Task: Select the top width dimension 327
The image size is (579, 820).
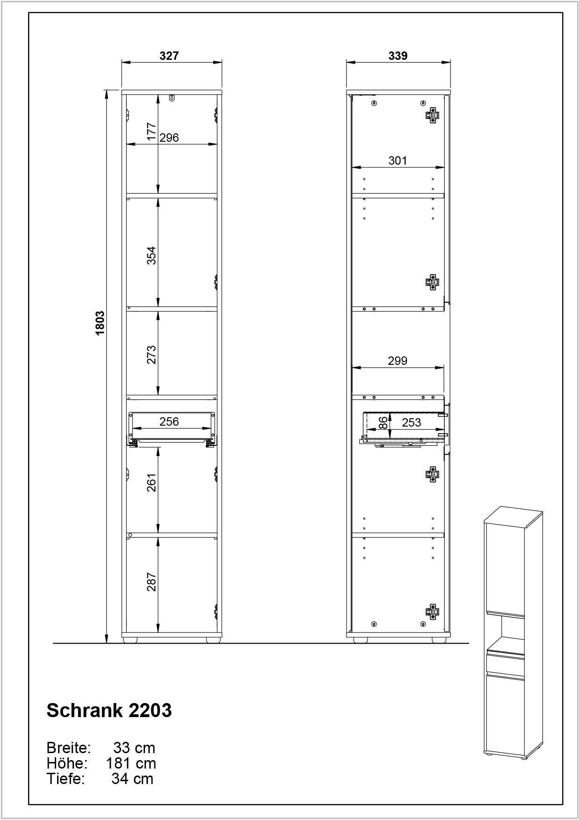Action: click(x=169, y=56)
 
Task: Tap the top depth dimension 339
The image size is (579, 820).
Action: click(x=398, y=56)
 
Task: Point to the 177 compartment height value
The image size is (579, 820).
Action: click(x=151, y=132)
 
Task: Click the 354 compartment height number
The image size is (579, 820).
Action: click(x=151, y=255)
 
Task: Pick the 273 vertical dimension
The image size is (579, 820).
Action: click(x=151, y=355)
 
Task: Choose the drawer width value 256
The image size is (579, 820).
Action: click(x=169, y=421)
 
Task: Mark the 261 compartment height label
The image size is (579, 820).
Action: click(x=151, y=482)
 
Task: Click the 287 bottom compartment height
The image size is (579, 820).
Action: click(x=151, y=582)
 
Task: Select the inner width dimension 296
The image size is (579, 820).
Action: click(x=169, y=137)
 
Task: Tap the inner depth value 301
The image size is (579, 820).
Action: click(x=398, y=160)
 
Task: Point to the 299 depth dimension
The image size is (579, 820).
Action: click(x=398, y=361)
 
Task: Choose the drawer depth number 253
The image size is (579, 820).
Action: click(x=412, y=422)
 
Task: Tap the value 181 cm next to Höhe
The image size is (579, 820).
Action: click(x=131, y=763)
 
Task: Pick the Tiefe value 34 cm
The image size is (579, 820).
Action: click(x=132, y=779)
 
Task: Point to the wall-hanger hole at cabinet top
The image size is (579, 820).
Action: click(x=173, y=98)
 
